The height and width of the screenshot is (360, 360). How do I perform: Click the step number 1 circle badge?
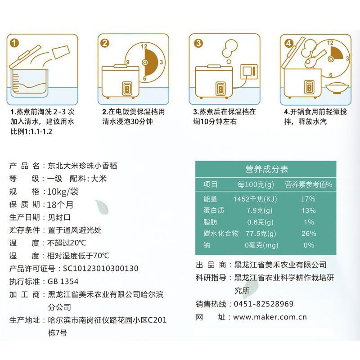(15, 43)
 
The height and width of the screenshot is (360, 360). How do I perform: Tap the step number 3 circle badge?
(198, 43)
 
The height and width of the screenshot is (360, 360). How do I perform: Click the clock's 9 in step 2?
(128, 62)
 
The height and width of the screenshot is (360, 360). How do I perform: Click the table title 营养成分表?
(267, 170)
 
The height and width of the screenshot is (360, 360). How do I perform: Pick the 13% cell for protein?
(309, 211)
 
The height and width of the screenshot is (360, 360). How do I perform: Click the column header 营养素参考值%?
(308, 184)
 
